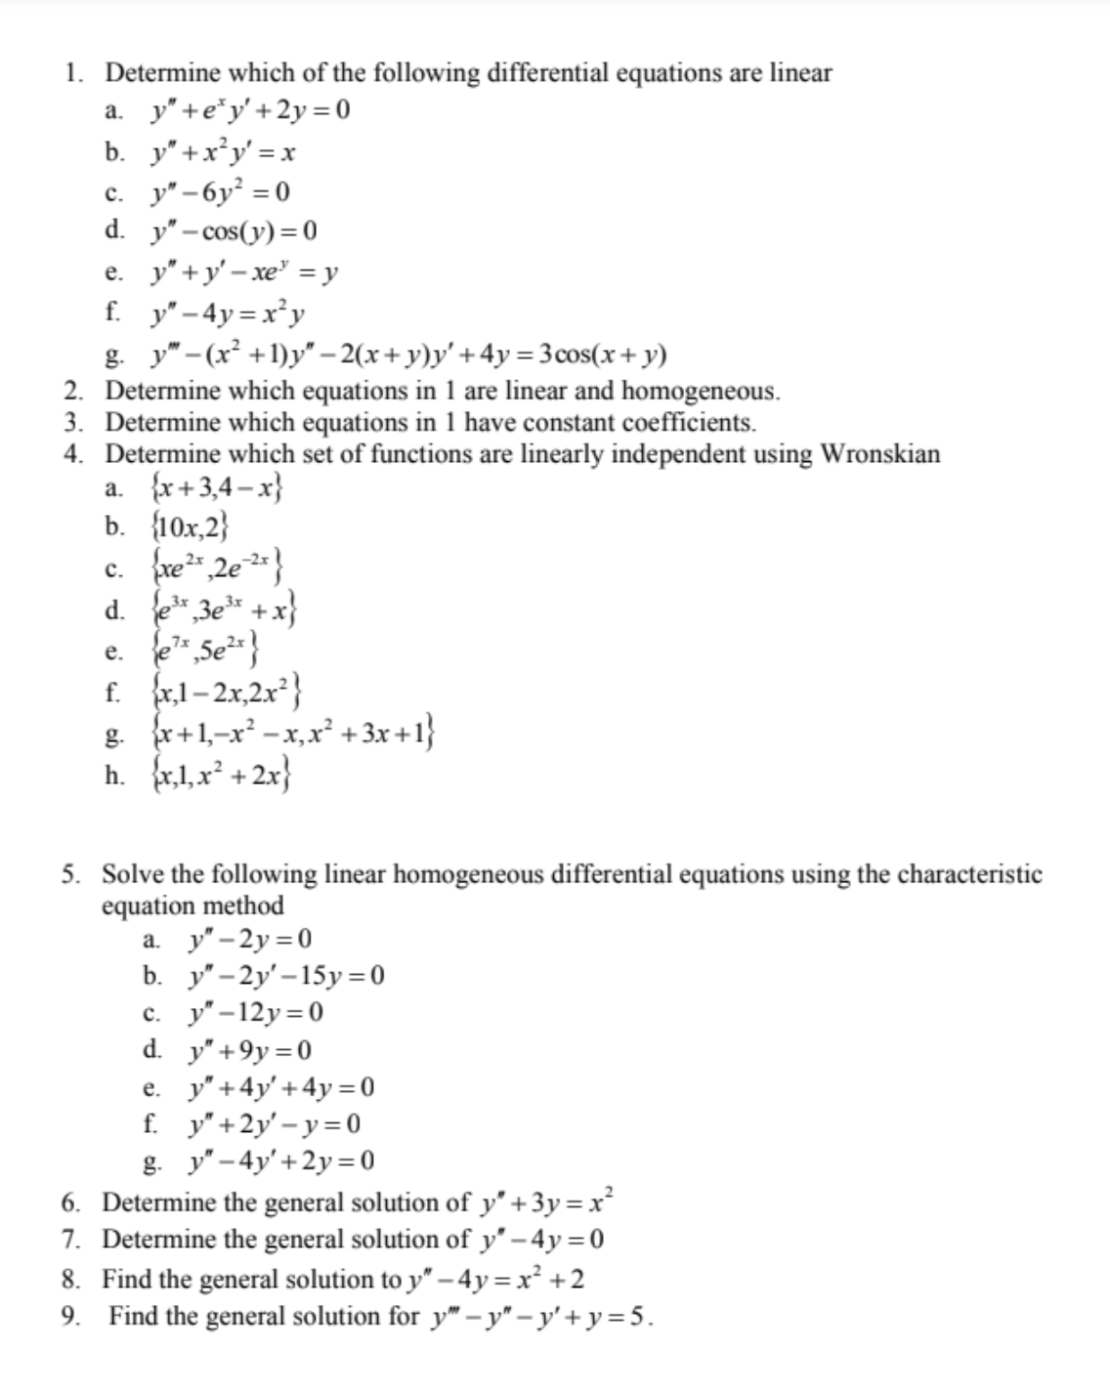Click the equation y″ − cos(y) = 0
point(233,232)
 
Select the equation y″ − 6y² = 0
point(219,191)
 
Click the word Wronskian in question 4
point(880,454)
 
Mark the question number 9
point(69,1317)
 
